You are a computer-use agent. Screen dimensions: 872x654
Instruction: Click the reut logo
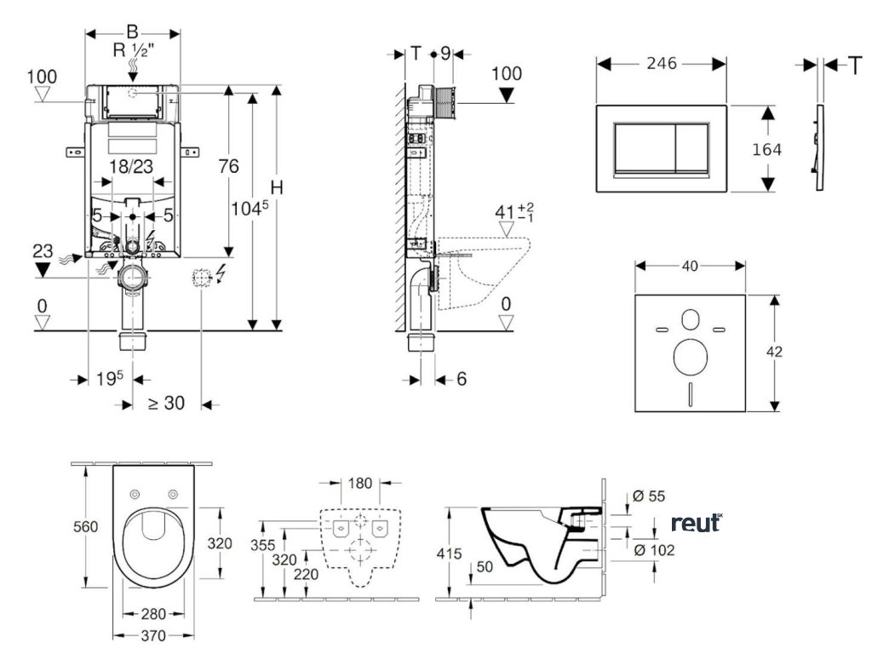click(x=697, y=523)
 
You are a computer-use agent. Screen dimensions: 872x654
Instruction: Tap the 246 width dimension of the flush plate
click(x=661, y=63)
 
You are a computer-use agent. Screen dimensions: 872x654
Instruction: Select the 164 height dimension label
click(x=766, y=149)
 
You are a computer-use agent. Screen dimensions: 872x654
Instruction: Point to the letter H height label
click(x=277, y=188)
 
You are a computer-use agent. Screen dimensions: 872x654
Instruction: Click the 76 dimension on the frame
click(x=228, y=166)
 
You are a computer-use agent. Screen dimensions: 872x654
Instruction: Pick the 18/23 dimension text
click(x=131, y=166)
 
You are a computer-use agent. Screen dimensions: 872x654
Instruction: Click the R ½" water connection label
click(x=134, y=50)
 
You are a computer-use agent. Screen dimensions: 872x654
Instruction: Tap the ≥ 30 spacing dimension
click(x=166, y=402)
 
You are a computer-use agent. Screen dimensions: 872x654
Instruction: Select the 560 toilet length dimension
click(x=85, y=526)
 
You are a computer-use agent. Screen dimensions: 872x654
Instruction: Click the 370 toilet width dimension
click(x=153, y=635)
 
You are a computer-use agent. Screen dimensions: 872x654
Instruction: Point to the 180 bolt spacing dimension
click(x=360, y=483)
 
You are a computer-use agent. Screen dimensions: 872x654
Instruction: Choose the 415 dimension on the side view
click(x=449, y=554)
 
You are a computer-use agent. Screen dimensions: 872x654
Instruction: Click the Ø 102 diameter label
click(x=654, y=550)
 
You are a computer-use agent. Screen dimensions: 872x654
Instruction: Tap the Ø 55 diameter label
click(x=649, y=496)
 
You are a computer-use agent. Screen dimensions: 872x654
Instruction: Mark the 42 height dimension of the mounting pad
click(x=773, y=352)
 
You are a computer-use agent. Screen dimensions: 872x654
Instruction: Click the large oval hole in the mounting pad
click(x=690, y=357)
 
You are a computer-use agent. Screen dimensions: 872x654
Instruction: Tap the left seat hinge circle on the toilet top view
click(x=134, y=495)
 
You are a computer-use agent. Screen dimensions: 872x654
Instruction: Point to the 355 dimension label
click(x=262, y=545)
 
